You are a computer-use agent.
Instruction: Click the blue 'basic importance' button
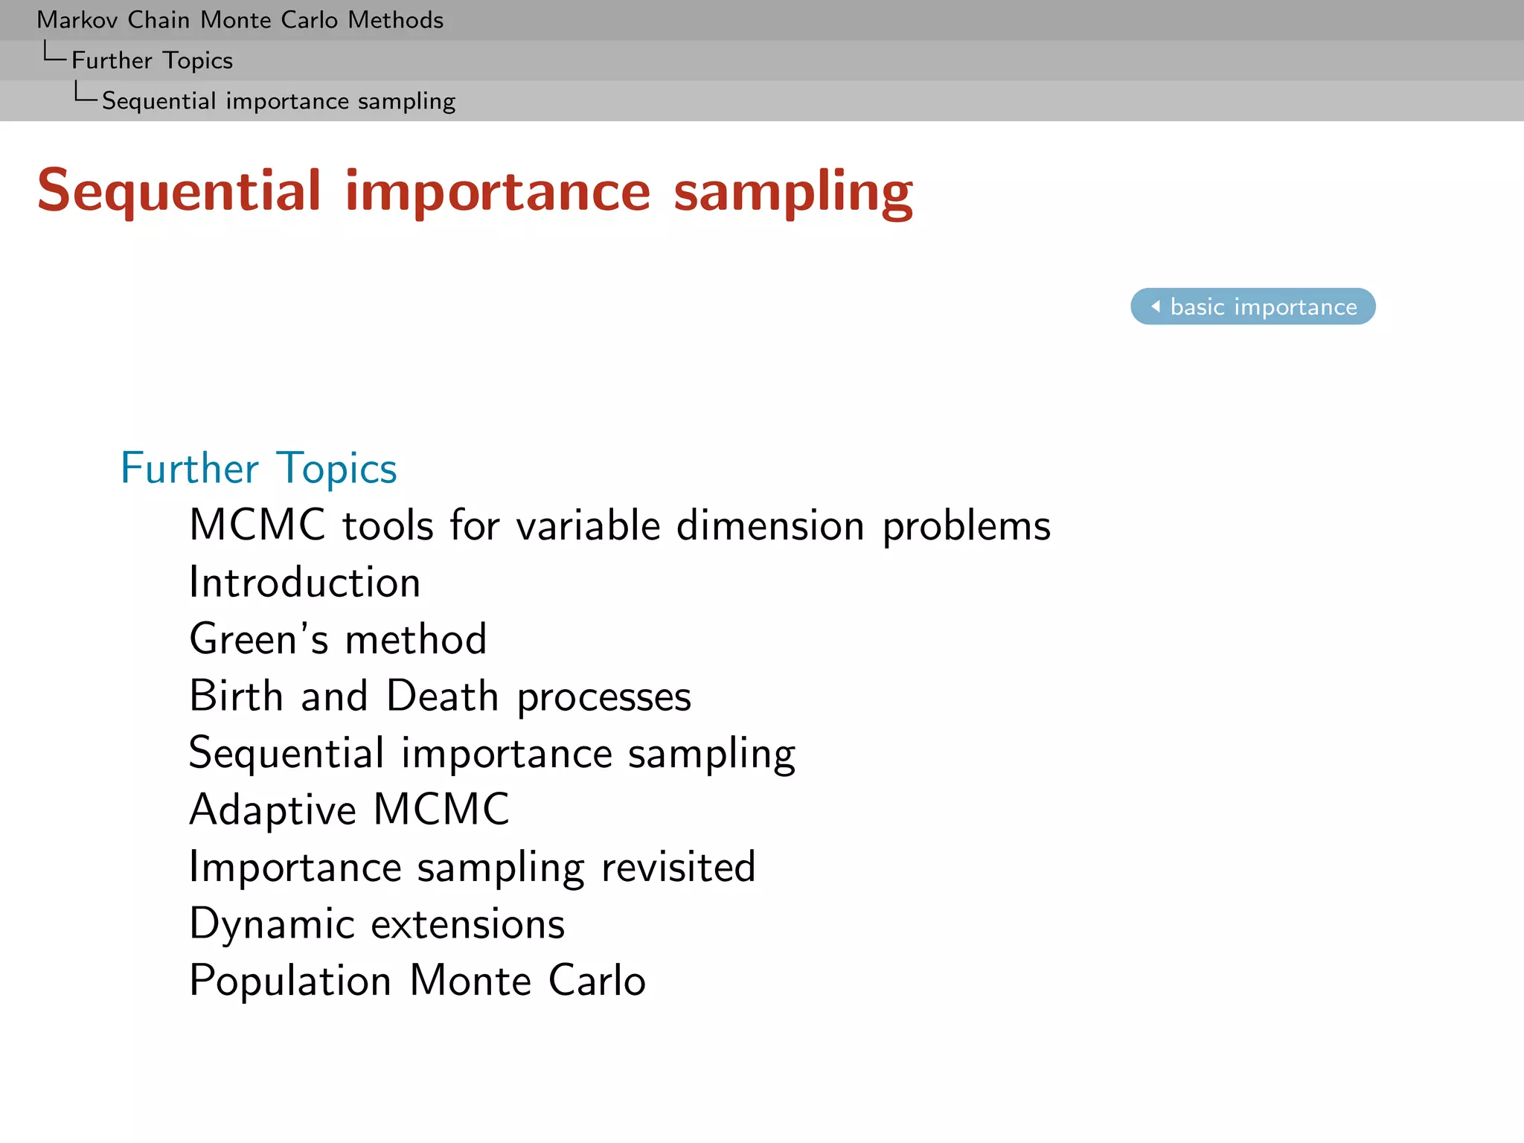[x=1252, y=307]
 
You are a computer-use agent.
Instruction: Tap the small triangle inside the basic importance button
[x=1156, y=306]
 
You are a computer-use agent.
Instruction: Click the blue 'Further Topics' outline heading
[x=259, y=468]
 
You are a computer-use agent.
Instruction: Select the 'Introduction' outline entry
[x=305, y=582]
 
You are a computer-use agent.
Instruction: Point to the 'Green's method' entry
[x=338, y=639]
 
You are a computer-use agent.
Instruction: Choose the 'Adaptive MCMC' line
[x=349, y=810]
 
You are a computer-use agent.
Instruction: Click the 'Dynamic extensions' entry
[x=377, y=923]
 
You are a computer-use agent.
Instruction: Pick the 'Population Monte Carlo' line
[x=417, y=980]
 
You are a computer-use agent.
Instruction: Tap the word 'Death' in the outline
[x=442, y=696]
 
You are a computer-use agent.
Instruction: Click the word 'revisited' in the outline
[x=678, y=867]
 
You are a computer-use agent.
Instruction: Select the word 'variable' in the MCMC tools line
[x=588, y=526]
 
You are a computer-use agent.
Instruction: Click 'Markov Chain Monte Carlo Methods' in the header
[x=240, y=20]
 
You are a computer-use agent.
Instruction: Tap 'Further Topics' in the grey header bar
[x=152, y=60]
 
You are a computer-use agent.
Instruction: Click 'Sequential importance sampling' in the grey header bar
[x=278, y=100]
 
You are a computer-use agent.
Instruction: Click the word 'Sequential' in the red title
[x=179, y=192]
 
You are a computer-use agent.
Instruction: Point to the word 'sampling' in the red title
[x=793, y=192]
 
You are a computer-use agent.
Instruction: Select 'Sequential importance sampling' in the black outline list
[x=492, y=753]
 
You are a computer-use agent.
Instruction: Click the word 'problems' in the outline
[x=966, y=526]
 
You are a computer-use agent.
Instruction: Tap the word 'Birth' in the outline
[x=237, y=696]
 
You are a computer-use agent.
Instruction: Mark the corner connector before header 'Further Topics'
[x=54, y=54]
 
